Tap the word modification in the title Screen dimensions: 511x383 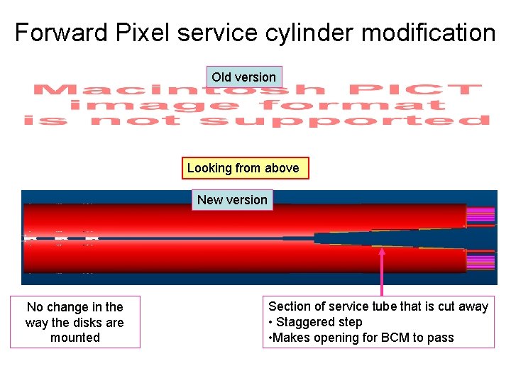click(427, 33)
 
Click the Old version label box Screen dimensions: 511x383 click(243, 77)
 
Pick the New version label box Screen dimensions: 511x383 click(232, 199)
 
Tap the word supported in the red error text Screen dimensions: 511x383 click(344, 121)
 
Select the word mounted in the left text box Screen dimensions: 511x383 click(75, 338)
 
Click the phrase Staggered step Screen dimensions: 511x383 click(319, 322)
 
